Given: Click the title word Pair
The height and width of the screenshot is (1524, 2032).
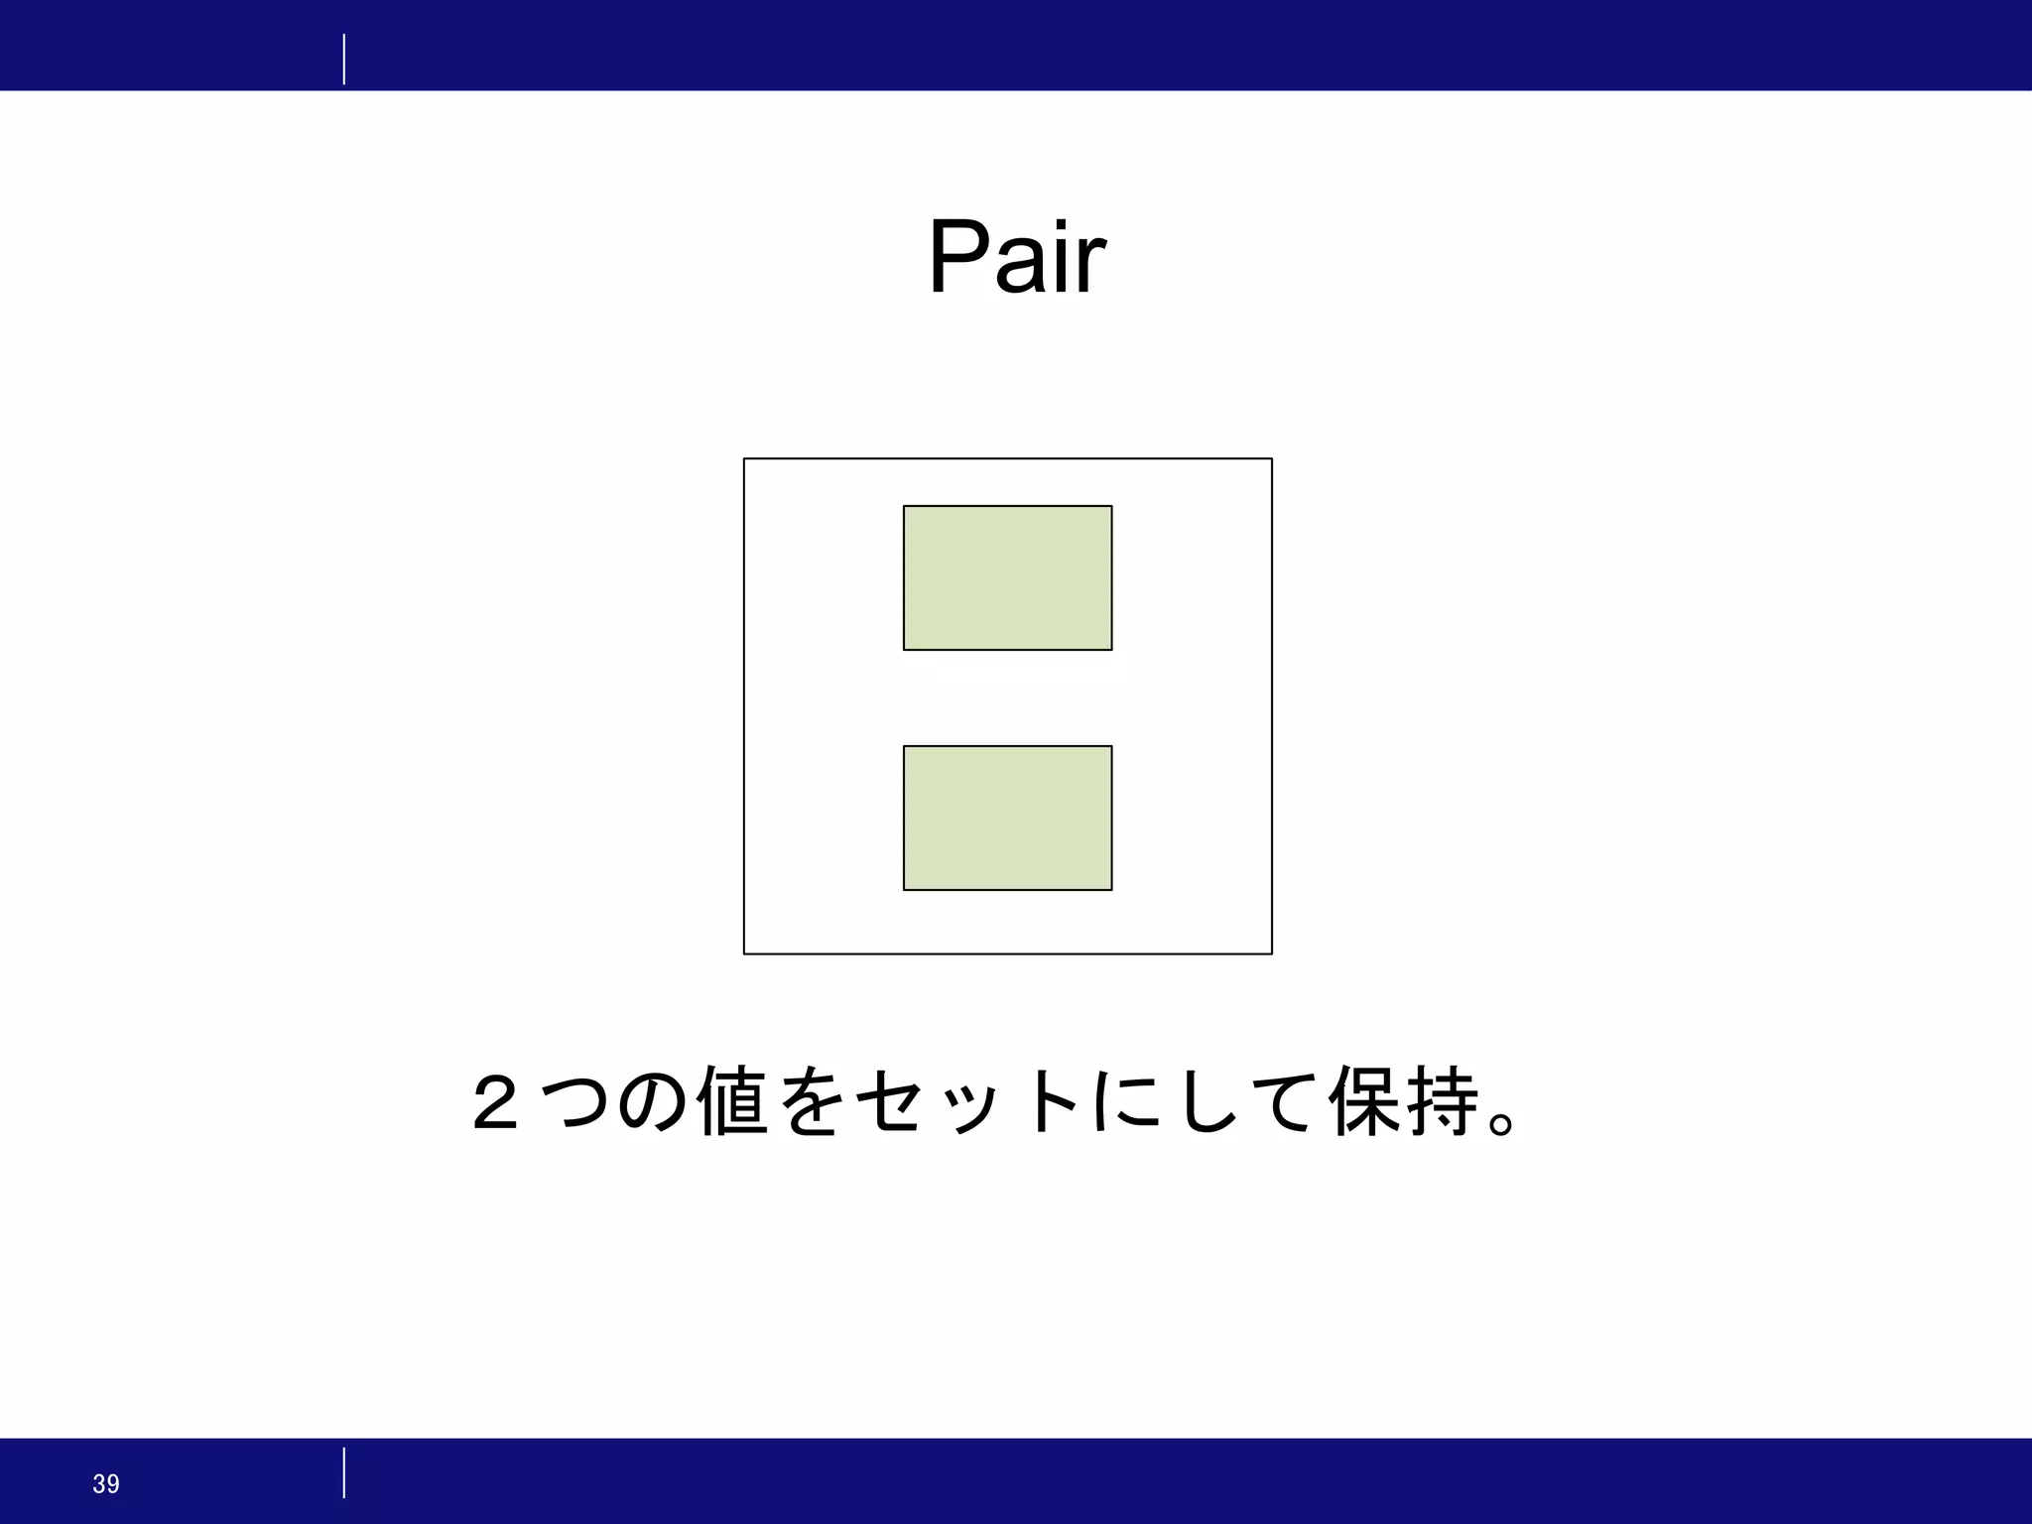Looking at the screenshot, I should tap(1016, 258).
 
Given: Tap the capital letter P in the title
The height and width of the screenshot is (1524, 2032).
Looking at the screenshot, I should tap(958, 258).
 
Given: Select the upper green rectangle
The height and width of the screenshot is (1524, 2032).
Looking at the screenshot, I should tap(1007, 577).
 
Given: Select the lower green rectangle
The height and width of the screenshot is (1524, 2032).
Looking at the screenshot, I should tap(1007, 818).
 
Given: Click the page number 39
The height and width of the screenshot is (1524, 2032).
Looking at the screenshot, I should tap(106, 1483).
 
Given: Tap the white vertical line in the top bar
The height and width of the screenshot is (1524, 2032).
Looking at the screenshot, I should tap(344, 60).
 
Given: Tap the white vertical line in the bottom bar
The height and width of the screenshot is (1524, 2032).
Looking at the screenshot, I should tap(344, 1472).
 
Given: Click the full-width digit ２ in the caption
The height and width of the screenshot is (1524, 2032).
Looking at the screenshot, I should tap(495, 1102).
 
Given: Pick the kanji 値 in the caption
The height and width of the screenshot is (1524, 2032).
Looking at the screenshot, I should tap(732, 1101).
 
